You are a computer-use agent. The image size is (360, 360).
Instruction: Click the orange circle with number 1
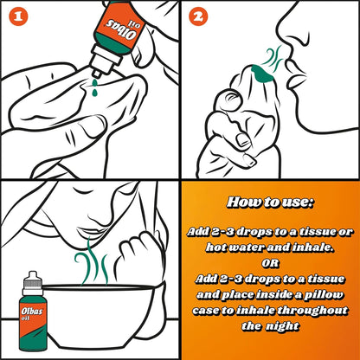[18, 16]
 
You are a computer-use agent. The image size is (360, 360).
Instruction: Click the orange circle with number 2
[198, 16]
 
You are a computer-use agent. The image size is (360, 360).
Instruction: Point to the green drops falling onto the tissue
[94, 88]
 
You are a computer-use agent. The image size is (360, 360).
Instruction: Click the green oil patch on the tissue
[262, 74]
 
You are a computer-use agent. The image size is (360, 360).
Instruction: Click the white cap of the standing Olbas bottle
[32, 283]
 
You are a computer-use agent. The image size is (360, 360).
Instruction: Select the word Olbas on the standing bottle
[32, 312]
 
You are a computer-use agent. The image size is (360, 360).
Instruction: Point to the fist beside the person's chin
[141, 254]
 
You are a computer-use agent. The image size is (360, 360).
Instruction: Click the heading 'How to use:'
[270, 202]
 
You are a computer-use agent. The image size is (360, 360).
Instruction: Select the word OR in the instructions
[270, 263]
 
